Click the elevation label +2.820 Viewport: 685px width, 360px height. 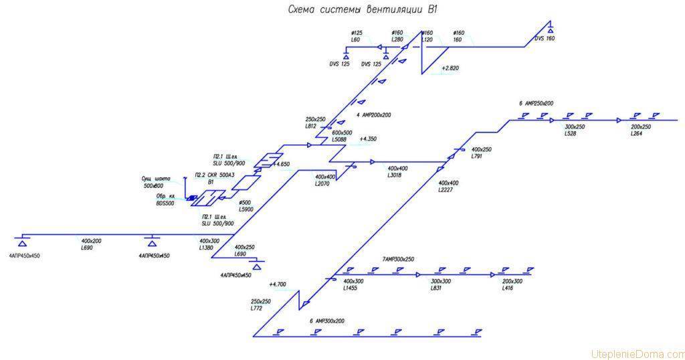[x=450, y=68]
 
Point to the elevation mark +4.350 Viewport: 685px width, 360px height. [x=369, y=139]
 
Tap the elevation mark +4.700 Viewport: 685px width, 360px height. [x=278, y=284]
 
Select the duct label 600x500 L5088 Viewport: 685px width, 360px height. [x=342, y=137]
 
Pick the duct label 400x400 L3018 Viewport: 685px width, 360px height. [x=397, y=171]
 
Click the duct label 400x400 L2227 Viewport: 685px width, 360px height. [x=448, y=186]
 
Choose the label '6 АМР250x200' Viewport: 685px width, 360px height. [x=536, y=103]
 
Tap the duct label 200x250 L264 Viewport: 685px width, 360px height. [x=640, y=130]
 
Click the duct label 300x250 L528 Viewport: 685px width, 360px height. [x=575, y=130]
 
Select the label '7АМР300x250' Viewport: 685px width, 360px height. [x=398, y=259]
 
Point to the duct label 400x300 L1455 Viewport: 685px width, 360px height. [x=353, y=284]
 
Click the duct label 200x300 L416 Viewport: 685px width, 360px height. [x=512, y=284]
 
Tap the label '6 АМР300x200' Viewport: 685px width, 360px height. [x=327, y=321]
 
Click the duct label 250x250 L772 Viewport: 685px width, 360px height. [x=261, y=304]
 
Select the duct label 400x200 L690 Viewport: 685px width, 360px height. [x=91, y=244]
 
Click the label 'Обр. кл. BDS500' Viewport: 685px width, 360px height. [x=165, y=199]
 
